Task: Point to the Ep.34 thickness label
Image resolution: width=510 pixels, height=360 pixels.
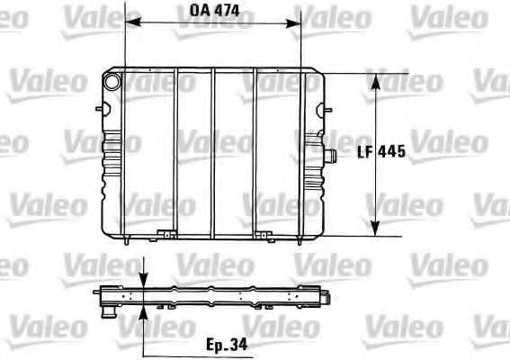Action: (224, 345)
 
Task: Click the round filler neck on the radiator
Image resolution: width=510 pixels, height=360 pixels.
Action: (112, 81)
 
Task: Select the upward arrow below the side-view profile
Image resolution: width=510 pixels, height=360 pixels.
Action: (144, 310)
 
